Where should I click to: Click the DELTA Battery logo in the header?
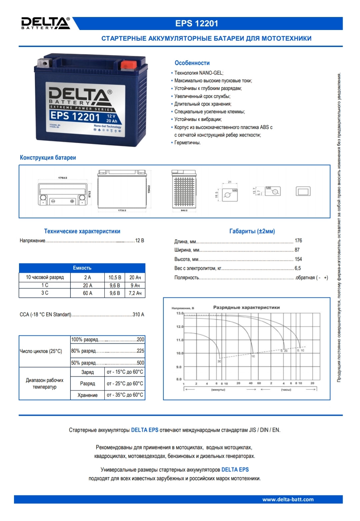coord(46,23)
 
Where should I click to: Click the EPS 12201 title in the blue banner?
coord(197,23)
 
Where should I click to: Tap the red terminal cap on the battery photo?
coord(127,64)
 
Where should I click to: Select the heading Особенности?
coord(192,63)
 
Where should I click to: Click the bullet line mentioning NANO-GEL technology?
coord(199,73)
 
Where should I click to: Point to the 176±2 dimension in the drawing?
coord(63,178)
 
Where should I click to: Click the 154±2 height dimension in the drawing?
coord(149,189)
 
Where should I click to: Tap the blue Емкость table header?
coord(82,268)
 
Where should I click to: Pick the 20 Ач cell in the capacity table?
coord(135,277)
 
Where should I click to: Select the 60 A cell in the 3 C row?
coord(88,293)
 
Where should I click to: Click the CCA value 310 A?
coord(138,314)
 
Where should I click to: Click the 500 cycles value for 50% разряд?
coord(140,363)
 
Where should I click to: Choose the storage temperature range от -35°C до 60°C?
coord(125,395)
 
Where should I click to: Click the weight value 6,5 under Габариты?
coord(298,268)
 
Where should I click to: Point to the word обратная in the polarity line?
coord(305,277)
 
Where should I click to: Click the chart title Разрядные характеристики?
coord(246,307)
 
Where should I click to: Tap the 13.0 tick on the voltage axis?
coord(179,313)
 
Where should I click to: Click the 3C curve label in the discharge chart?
coord(219,361)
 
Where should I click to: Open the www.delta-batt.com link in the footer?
coord(288,499)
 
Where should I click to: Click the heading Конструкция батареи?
coord(48,158)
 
